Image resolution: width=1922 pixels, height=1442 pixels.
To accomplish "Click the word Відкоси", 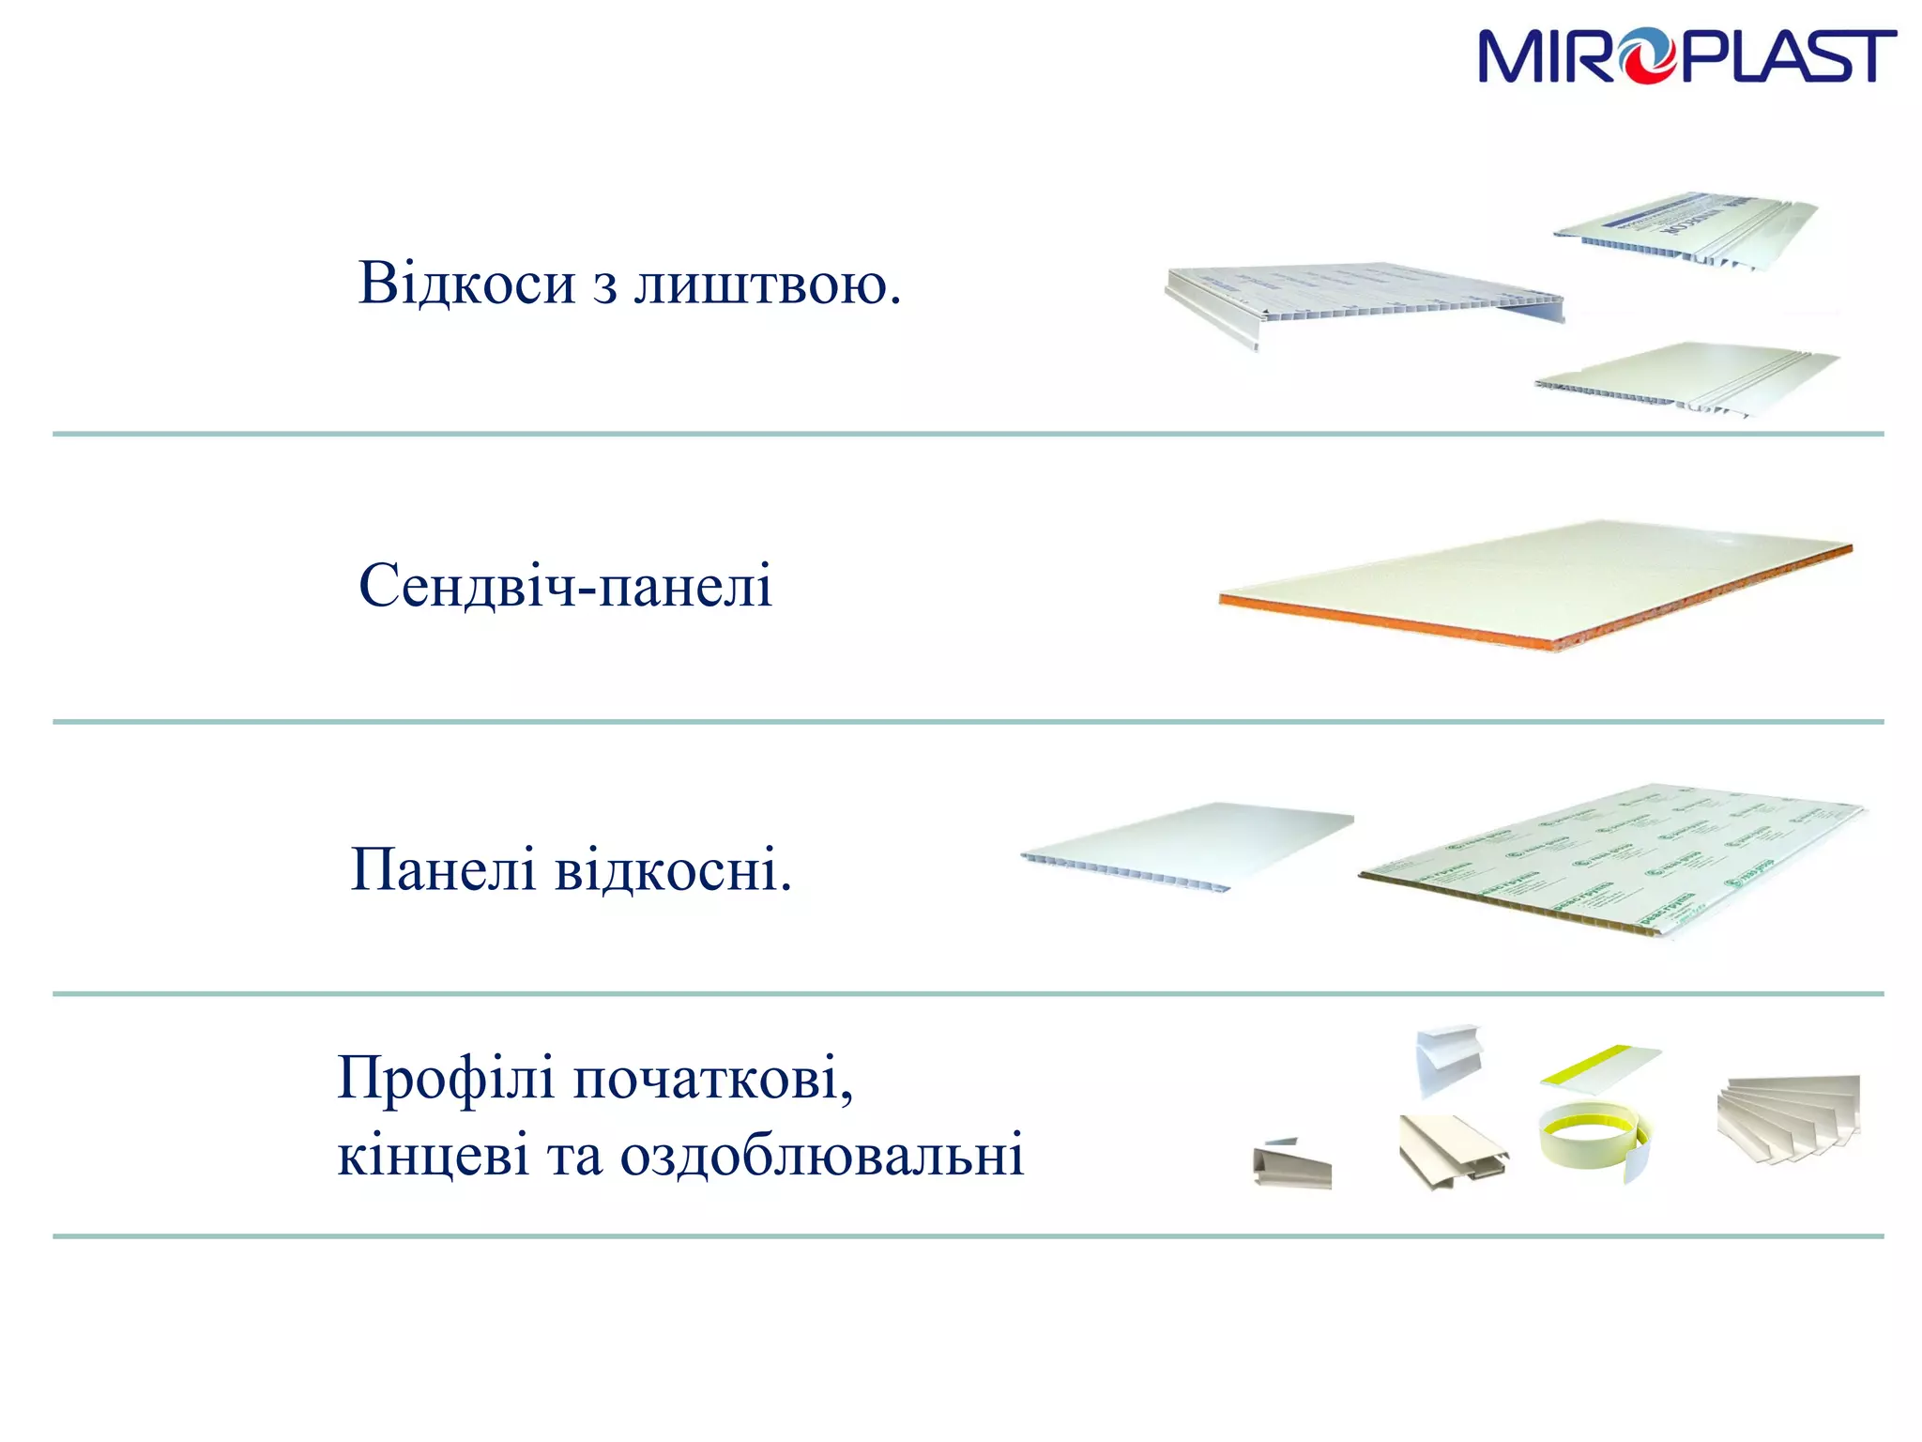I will [466, 283].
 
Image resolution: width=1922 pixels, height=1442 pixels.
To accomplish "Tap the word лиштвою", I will [767, 283].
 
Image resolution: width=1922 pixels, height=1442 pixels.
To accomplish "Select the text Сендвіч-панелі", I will [565, 586].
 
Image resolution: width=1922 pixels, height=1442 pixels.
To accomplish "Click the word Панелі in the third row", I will [443, 869].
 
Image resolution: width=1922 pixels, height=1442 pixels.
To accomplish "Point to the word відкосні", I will [673, 869].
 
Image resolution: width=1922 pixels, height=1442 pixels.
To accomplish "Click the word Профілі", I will [446, 1078].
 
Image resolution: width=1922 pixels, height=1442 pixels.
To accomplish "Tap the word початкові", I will [713, 1078].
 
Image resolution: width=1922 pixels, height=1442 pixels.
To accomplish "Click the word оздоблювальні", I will [821, 1155].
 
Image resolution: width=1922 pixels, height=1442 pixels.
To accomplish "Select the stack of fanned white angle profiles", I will [1788, 1117].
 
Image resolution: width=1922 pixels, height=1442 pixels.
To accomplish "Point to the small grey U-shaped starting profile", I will [1292, 1166].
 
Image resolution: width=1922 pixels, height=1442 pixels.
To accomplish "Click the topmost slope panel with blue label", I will [1685, 225].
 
